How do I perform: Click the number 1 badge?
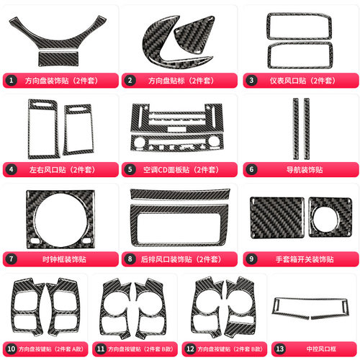point(11,81)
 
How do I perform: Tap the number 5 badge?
point(130,169)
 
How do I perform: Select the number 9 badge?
point(251,259)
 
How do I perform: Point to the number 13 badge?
point(279,348)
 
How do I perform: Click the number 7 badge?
point(11,259)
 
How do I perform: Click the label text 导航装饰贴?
point(305,170)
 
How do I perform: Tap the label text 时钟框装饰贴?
point(64,259)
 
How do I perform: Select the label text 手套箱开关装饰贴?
point(305,259)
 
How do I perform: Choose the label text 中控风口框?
point(321,349)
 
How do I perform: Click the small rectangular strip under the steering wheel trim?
point(58,58)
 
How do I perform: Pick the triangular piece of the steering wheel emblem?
point(194,34)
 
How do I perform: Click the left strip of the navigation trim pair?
point(296,129)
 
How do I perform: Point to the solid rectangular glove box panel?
point(277,217)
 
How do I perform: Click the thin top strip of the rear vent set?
point(180,194)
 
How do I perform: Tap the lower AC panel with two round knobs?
point(177,143)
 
